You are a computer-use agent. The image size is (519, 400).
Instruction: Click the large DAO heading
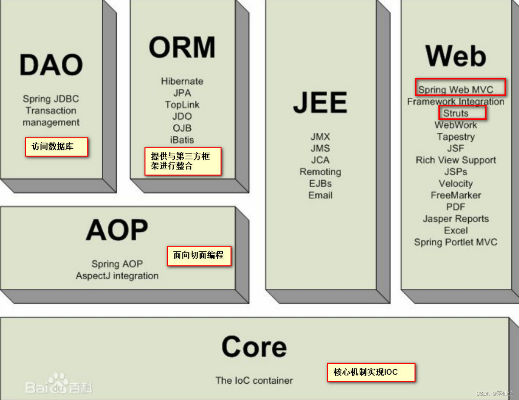(x=51, y=65)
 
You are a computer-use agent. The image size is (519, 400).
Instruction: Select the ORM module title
(x=182, y=47)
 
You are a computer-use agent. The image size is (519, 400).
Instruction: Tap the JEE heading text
(x=320, y=102)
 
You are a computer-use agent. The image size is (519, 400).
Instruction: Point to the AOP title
(x=117, y=230)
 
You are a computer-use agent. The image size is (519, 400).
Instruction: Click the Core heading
(x=254, y=347)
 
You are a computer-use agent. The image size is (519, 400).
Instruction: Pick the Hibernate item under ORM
(x=182, y=81)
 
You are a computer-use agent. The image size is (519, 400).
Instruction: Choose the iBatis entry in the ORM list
(x=182, y=140)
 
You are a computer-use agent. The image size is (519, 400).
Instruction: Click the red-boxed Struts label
(x=456, y=113)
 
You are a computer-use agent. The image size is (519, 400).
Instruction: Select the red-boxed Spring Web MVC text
(x=456, y=90)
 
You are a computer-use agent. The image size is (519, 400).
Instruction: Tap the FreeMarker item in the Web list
(x=456, y=195)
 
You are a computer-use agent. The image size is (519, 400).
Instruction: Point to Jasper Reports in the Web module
(x=456, y=219)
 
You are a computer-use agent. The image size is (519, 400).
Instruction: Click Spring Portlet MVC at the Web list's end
(x=456, y=242)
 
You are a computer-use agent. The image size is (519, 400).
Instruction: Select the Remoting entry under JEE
(x=320, y=172)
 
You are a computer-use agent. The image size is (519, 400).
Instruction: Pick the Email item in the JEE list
(x=320, y=195)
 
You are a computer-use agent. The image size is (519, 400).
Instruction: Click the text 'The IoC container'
(x=254, y=380)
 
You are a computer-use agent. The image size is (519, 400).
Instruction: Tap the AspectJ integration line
(x=117, y=276)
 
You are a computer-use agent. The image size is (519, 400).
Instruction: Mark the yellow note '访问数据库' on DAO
(x=56, y=147)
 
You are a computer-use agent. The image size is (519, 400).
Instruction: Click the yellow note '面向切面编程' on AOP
(x=199, y=255)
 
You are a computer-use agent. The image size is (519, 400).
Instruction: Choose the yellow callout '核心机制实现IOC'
(x=371, y=372)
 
